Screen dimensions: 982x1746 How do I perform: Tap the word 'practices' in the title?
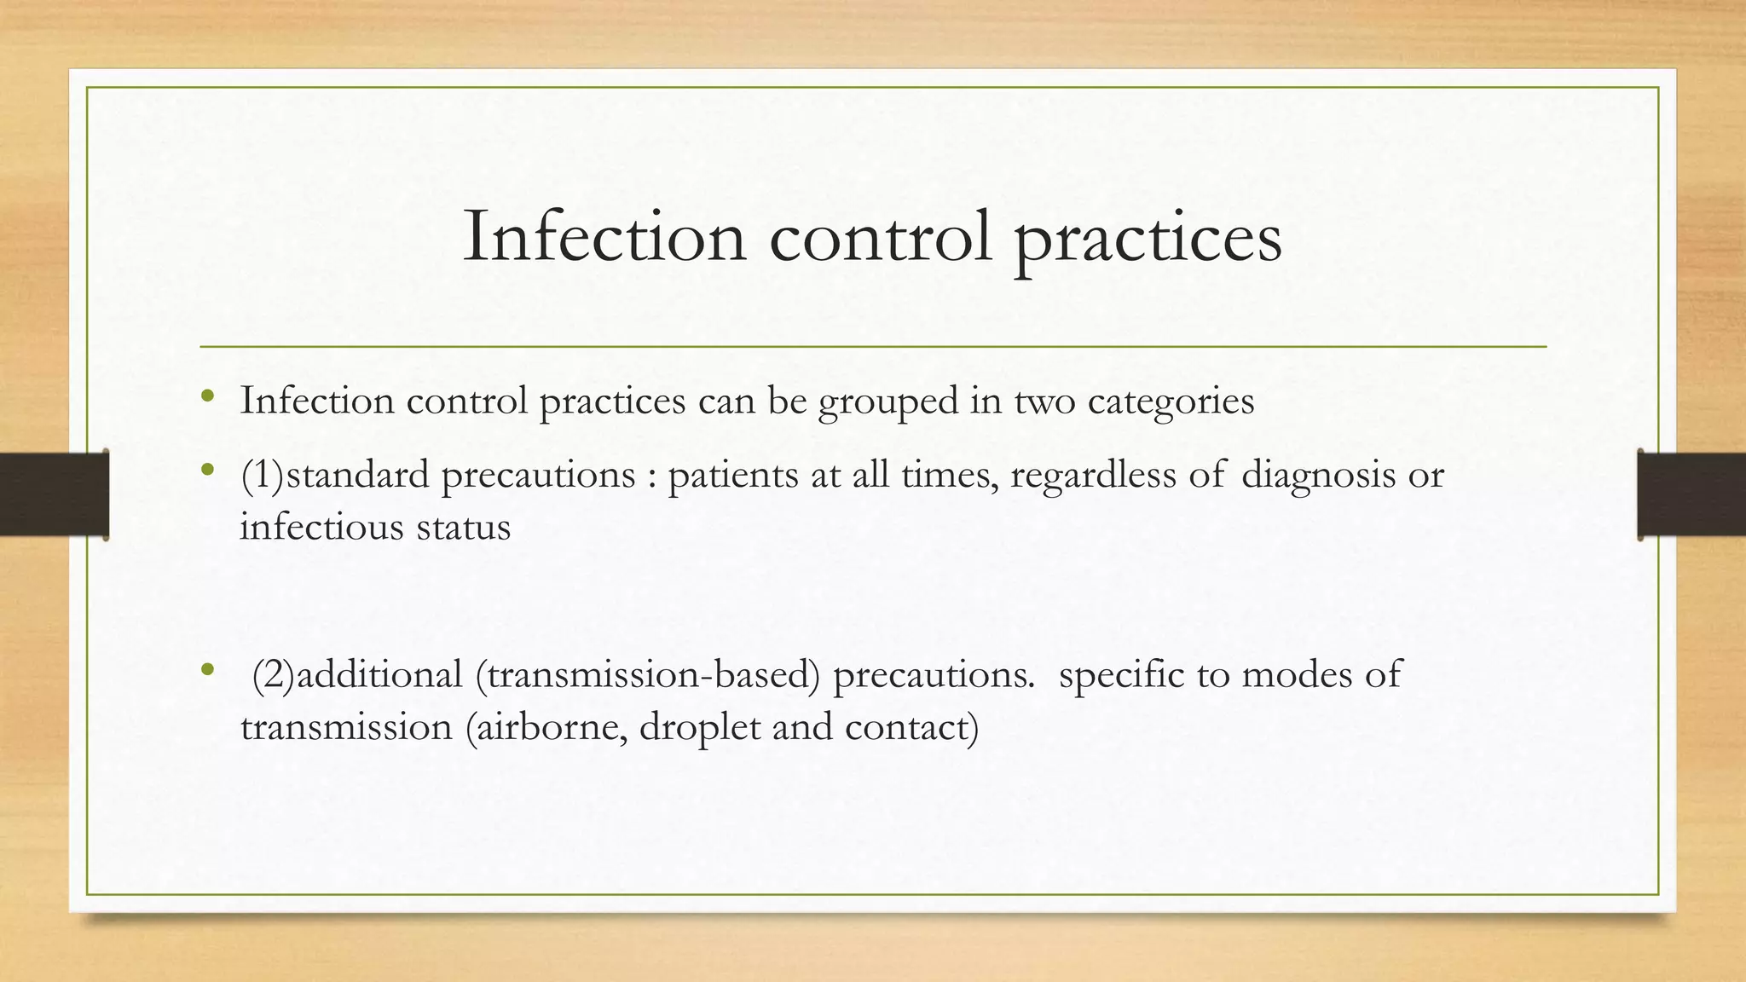[1148, 239]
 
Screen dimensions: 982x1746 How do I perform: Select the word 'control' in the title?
[881, 237]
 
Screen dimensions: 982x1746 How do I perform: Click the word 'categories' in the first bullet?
[1171, 401]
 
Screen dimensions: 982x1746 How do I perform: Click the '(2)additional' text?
[357, 675]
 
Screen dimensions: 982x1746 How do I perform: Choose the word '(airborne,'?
[546, 727]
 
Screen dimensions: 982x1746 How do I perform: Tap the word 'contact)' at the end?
[911, 727]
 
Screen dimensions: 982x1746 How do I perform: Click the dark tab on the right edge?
[1691, 494]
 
